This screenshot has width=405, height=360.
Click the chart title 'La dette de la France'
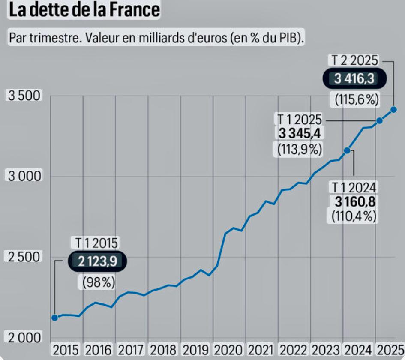84,10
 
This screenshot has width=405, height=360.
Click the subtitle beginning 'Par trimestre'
156,37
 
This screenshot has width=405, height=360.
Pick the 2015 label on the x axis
66,349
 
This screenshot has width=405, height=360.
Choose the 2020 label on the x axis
229,349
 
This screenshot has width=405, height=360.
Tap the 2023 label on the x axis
326,349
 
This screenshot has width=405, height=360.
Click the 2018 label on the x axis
164,349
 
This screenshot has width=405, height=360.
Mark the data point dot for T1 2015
54,318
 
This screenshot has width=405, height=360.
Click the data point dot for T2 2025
394,109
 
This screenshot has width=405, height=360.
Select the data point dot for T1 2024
347,150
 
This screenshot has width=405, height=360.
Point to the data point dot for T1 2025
379,120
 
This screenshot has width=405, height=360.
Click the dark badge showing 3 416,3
354,79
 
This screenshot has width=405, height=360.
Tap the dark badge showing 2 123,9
98,261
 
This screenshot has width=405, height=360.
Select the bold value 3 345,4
300,134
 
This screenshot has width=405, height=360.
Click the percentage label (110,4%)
354,216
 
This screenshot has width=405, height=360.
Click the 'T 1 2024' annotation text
354,187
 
